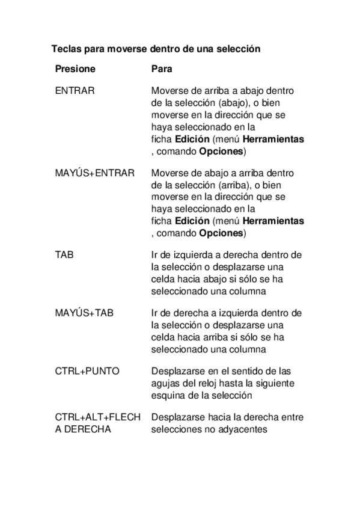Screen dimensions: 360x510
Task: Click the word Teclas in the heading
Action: (x=65, y=49)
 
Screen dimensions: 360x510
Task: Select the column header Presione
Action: (x=75, y=69)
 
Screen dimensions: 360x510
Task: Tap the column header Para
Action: (x=162, y=69)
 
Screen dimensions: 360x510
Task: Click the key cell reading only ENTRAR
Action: (x=74, y=90)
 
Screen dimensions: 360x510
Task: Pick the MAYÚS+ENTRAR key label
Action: (x=94, y=173)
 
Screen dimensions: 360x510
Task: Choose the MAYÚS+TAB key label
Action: (x=84, y=313)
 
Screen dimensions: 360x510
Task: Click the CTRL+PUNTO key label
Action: (x=87, y=371)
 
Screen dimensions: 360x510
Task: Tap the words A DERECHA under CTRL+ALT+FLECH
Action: (x=83, y=429)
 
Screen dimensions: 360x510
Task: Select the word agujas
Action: (x=166, y=383)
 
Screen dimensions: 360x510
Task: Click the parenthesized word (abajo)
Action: (x=236, y=102)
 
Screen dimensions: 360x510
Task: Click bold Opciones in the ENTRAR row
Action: (x=221, y=150)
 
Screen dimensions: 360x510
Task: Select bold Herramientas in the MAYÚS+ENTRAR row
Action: (x=275, y=221)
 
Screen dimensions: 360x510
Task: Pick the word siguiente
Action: (x=282, y=383)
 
